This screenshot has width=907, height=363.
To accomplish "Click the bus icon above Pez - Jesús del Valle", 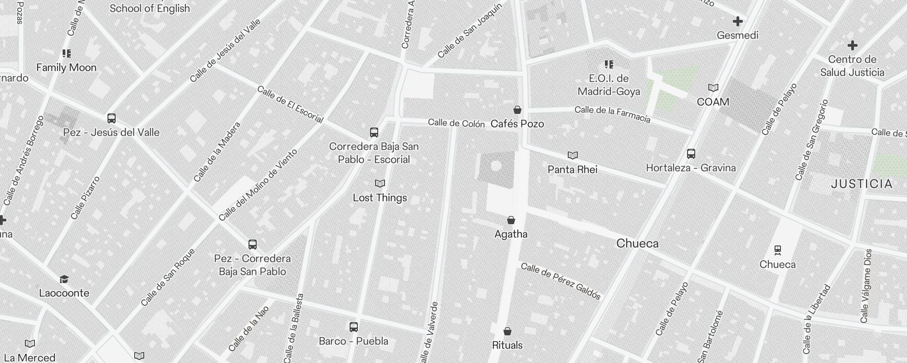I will coord(112,118).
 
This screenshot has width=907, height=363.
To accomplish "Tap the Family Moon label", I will coord(66,68).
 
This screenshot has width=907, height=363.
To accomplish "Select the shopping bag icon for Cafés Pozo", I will coord(517,110).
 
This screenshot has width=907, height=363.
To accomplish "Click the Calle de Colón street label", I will coord(456,123).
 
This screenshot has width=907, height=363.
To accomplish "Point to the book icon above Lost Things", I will coord(380,184).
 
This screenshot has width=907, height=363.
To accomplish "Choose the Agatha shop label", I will coord(511,234).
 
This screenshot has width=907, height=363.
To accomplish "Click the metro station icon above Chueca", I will coord(778,250).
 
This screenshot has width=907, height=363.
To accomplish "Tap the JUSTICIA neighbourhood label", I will coord(862,184).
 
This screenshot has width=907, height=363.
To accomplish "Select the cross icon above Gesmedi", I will coord(738,21).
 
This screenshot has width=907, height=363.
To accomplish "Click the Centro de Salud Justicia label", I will coord(852,66).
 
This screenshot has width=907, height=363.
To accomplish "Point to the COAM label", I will coord(713,102).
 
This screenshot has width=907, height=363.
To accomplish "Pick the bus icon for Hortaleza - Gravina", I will coord(691,153).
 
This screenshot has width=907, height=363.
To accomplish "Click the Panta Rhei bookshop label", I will coord(572,170).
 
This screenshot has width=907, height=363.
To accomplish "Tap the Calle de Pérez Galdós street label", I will coord(561,281).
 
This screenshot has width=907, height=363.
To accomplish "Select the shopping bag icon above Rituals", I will coord(507,331).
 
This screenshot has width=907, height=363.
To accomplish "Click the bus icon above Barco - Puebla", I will coord(354,327).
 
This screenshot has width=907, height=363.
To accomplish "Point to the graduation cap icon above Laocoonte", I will coord(64,279).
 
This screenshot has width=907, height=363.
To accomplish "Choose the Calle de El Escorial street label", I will coord(290,104).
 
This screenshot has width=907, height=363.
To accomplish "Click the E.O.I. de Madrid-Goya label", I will coord(609,85).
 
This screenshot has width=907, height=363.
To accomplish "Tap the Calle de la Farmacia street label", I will coord(612,114).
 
